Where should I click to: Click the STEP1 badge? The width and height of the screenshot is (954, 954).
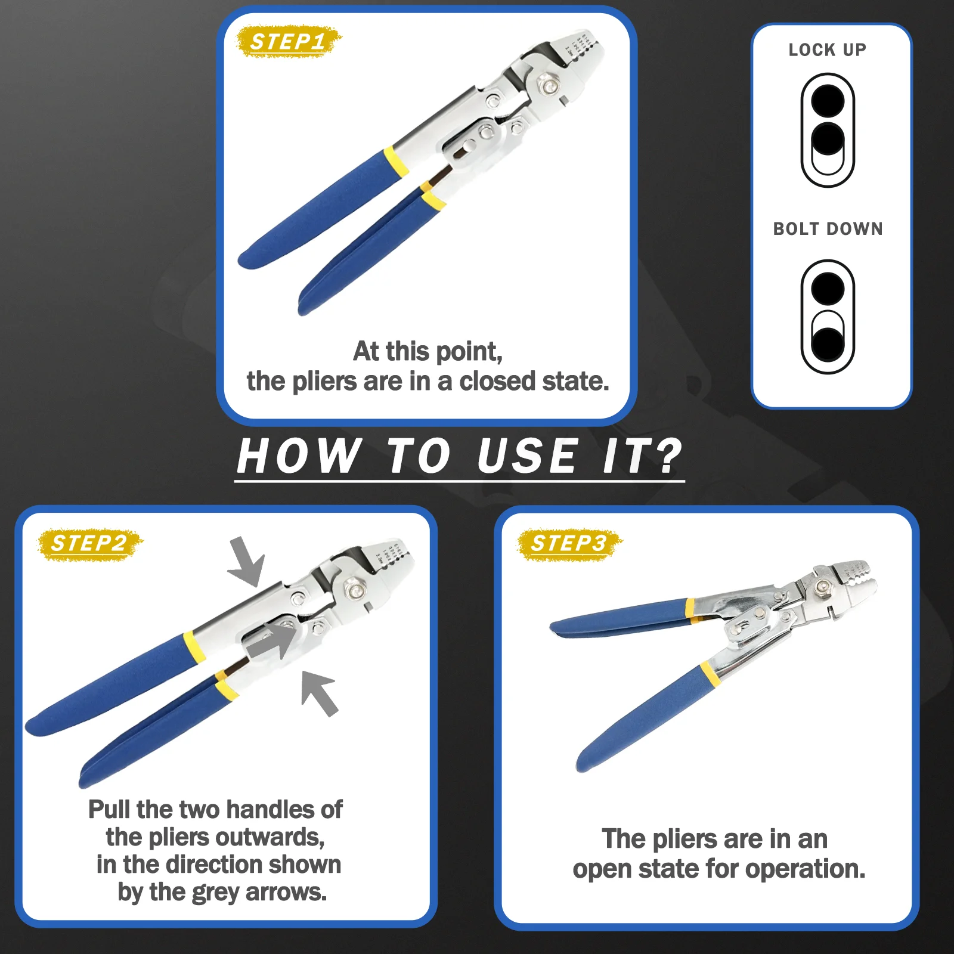click(289, 42)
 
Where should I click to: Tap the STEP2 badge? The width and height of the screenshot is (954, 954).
click(90, 544)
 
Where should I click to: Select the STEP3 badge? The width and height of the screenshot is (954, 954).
click(569, 544)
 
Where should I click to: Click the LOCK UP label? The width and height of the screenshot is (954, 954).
click(828, 50)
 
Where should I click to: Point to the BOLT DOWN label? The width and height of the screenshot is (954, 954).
click(828, 229)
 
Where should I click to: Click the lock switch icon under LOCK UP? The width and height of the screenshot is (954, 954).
click(828, 131)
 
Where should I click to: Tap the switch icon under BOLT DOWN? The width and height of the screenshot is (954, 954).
click(828, 317)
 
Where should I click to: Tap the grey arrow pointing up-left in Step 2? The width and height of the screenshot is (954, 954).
click(319, 693)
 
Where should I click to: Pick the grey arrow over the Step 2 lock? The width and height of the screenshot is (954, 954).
click(272, 641)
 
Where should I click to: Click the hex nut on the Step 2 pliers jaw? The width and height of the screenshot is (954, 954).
click(356, 591)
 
